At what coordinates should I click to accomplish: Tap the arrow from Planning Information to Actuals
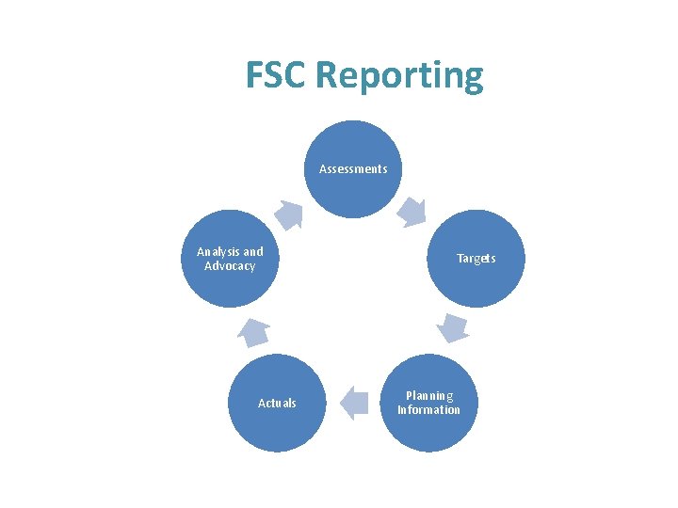coord(353,403)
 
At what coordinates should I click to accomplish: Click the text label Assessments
coord(353,169)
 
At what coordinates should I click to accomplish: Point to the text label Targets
coord(476,258)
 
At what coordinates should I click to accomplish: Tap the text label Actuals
coord(277,403)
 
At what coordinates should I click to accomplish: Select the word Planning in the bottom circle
coord(429,396)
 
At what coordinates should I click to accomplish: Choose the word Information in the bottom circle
coord(429,410)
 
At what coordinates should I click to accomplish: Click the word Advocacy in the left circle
coord(230,266)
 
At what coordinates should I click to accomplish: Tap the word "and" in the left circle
coord(253,252)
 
